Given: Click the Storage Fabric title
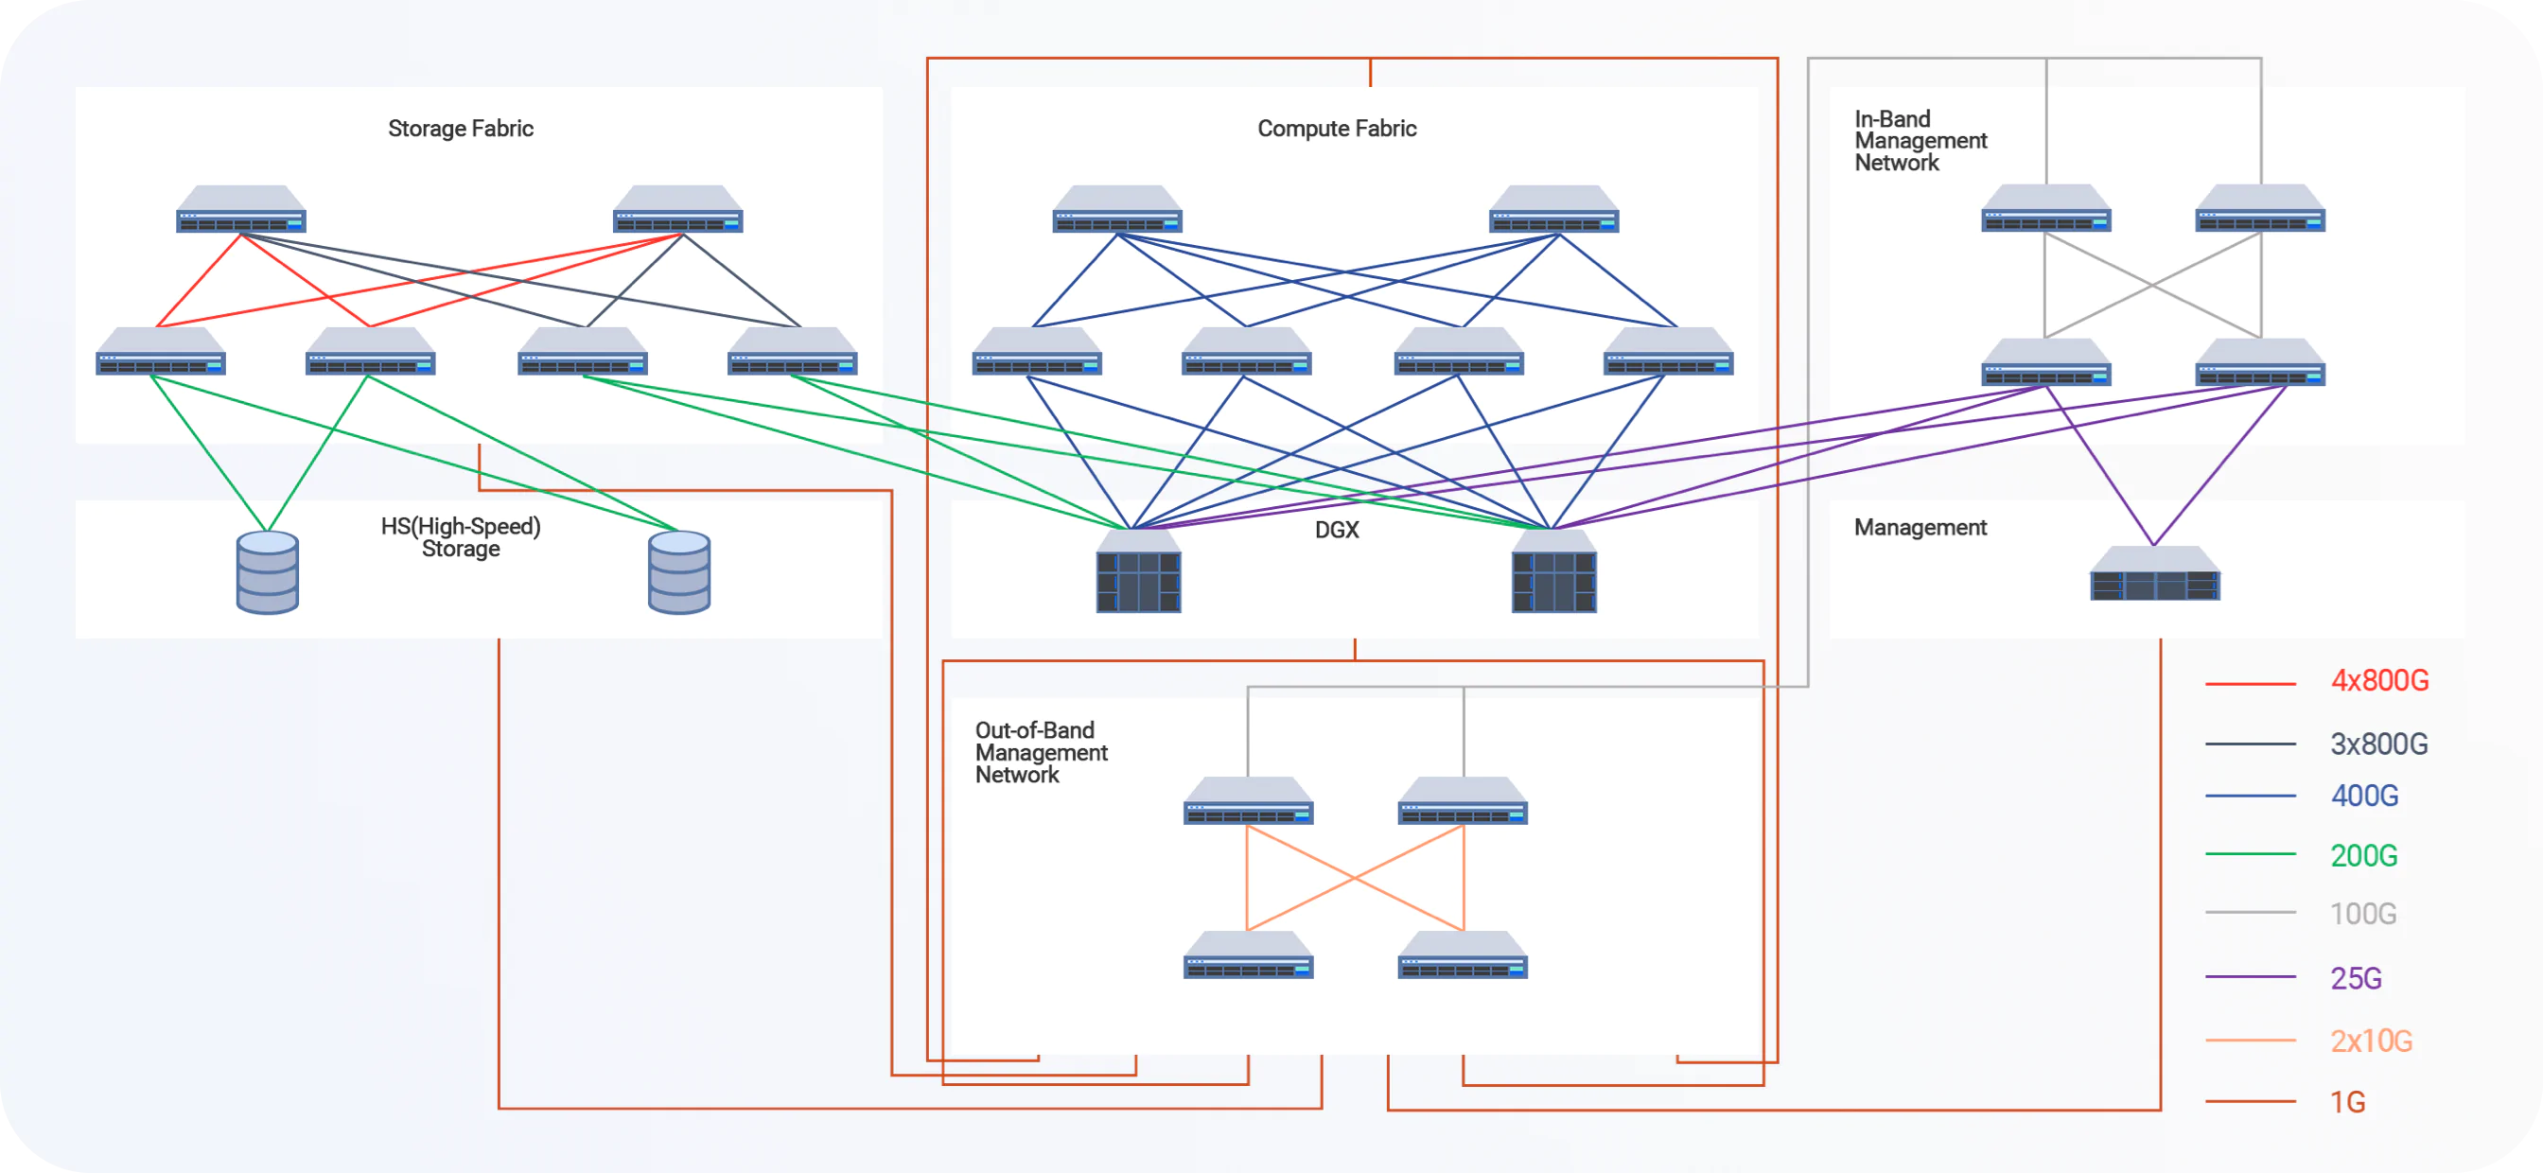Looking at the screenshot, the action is [460, 129].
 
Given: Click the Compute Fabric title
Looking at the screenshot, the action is [1336, 129].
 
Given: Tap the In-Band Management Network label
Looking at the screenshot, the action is [1920, 141].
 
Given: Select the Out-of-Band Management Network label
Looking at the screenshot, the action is [1040, 752].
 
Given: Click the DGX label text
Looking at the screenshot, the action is [1336, 531].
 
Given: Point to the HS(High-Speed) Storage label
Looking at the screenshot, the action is [460, 537].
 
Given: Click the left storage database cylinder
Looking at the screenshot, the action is [268, 572].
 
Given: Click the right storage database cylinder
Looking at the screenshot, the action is [679, 572].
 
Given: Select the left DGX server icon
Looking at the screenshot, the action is [1138, 572].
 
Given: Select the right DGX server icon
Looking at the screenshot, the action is [1552, 572].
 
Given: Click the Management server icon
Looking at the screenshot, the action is [2154, 574].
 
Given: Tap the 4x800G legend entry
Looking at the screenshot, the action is [2378, 681].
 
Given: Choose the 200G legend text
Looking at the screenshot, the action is [2362, 855].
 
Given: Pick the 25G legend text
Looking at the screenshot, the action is [2356, 977].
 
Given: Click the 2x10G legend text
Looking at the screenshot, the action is [2370, 1041].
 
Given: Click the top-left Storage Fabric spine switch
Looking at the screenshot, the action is [241, 210].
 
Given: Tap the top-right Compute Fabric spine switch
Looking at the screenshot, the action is [1552, 210].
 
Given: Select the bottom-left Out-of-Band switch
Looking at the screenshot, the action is [1248, 955].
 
